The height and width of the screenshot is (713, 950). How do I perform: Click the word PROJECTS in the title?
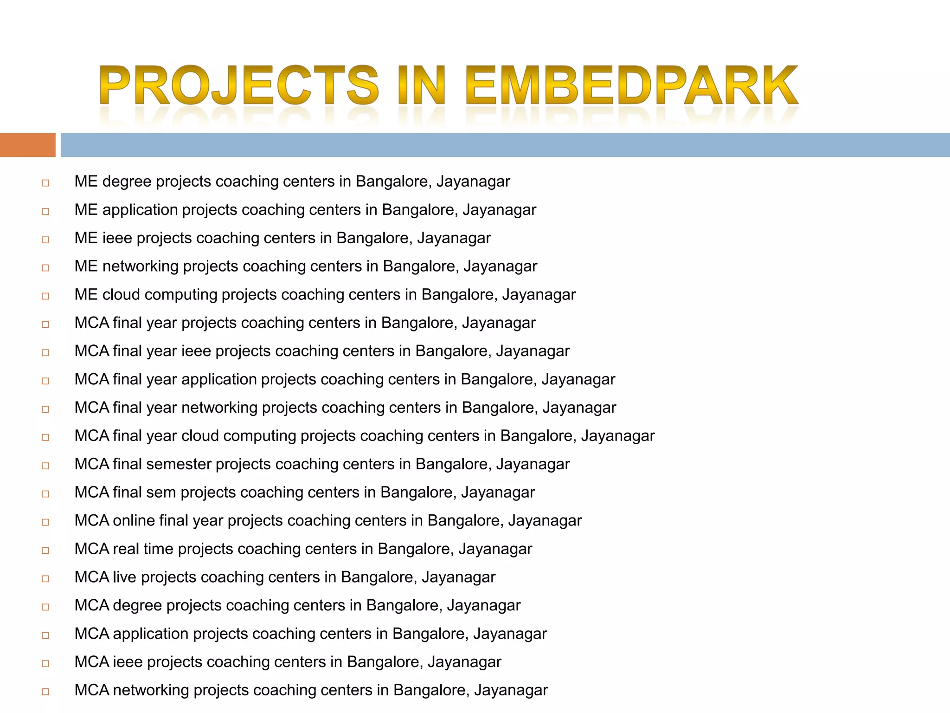[x=239, y=85]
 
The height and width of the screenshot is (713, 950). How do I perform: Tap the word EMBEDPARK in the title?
[x=631, y=85]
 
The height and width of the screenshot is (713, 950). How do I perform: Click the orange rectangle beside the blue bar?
[x=27, y=145]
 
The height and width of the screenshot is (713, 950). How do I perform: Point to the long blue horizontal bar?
[x=505, y=145]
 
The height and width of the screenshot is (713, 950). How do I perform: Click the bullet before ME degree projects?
[x=45, y=183]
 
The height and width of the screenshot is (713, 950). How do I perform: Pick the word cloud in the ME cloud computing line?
[x=121, y=295]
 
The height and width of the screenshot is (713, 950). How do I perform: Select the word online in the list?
[x=134, y=521]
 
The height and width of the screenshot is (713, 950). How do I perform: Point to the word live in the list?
[x=124, y=577]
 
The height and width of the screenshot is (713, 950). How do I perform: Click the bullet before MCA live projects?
[x=45, y=579]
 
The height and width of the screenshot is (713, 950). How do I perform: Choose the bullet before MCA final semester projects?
[x=45, y=466]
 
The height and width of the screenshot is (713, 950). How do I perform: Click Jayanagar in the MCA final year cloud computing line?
[x=617, y=436]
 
